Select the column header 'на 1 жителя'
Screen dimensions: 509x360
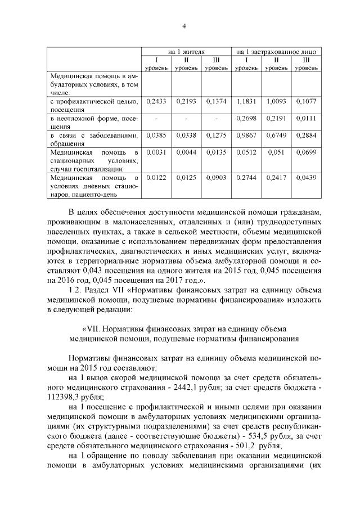(186, 51)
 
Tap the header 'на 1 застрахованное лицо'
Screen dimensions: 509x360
(276, 51)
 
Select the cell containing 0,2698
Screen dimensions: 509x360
(246, 119)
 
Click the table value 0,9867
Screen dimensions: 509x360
(246, 136)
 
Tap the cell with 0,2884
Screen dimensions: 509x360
(306, 136)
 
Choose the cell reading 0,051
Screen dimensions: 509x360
(276, 152)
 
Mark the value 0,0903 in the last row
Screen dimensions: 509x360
(215, 178)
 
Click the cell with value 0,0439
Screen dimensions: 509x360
(306, 178)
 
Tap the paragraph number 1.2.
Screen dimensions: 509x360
(74, 290)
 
